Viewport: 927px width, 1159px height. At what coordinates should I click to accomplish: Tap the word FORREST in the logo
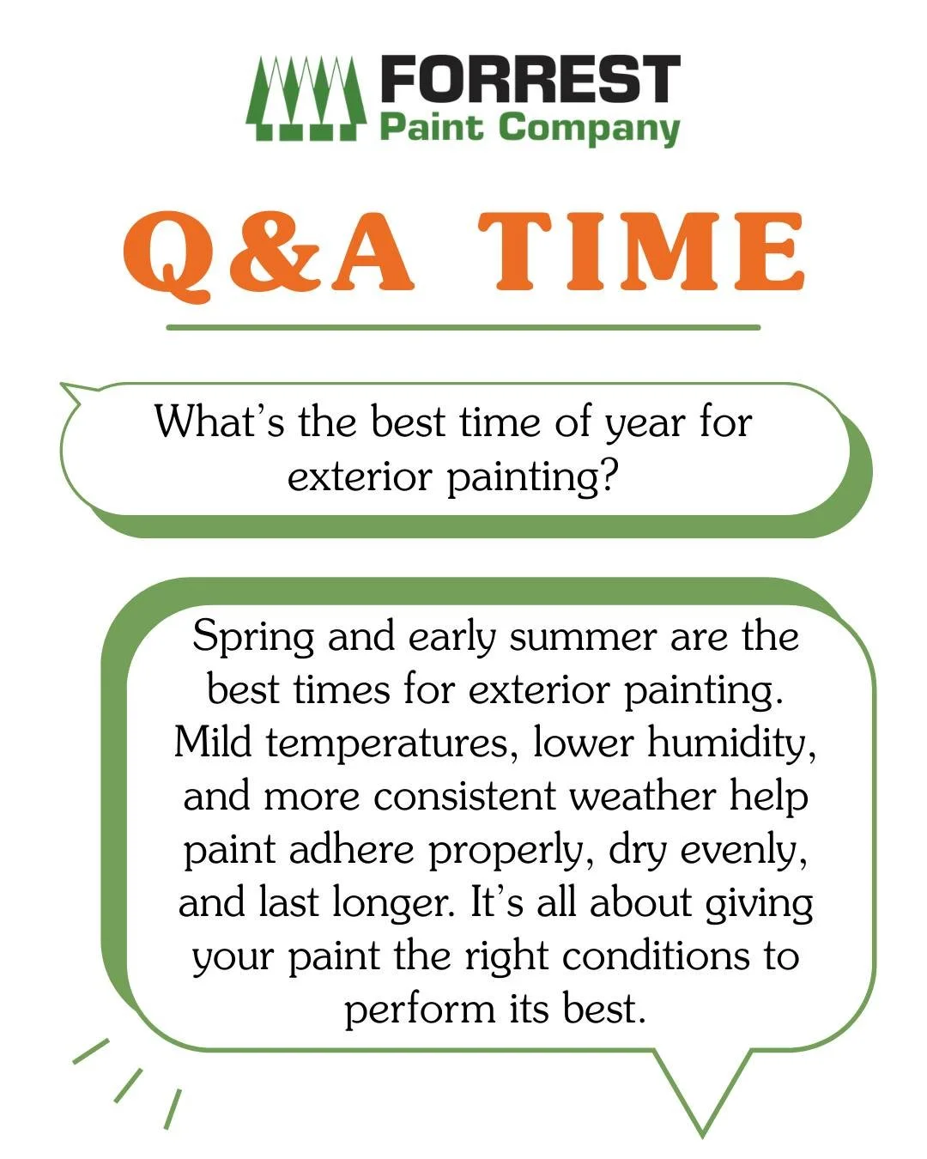pyautogui.click(x=530, y=80)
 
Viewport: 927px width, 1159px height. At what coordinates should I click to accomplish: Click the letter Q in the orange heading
pyautogui.click(x=170, y=252)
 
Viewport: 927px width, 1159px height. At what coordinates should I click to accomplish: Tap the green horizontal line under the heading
pyautogui.click(x=463, y=327)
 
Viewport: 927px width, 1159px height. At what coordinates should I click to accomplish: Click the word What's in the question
pyautogui.click(x=218, y=422)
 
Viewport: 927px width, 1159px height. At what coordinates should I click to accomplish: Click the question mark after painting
pyautogui.click(x=609, y=476)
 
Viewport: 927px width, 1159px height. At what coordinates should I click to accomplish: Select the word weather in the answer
pyautogui.click(x=641, y=797)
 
